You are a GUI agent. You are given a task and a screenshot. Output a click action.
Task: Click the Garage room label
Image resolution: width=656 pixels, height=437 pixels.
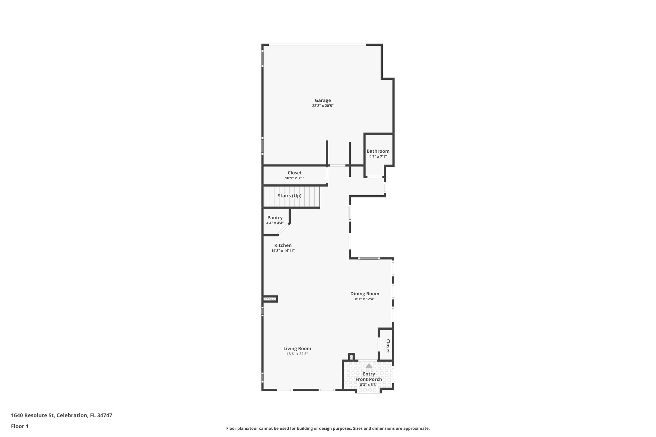[323, 100]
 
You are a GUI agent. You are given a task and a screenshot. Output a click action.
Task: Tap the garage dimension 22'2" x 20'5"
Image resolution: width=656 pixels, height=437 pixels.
[323, 106]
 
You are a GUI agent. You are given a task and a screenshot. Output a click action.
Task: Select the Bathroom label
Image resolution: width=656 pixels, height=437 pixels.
[378, 151]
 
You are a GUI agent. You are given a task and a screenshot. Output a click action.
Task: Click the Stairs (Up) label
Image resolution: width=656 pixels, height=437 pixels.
[290, 196]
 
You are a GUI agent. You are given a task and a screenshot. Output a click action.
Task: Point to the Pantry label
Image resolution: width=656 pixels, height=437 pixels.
[275, 218]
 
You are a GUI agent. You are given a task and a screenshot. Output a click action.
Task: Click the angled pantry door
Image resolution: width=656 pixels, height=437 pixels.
[283, 230]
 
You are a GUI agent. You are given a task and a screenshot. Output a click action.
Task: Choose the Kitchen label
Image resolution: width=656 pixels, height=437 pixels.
[283, 245]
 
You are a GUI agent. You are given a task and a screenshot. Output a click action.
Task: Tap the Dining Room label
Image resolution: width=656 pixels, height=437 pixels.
[365, 294]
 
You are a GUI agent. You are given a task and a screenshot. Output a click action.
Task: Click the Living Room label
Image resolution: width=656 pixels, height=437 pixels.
[297, 349]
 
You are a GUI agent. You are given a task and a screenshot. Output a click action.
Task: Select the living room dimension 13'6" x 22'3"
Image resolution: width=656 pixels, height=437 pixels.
[297, 354]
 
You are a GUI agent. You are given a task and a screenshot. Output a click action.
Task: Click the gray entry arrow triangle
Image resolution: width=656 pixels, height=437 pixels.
[369, 366]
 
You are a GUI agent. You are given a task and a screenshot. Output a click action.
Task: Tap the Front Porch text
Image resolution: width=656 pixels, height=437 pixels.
[369, 379]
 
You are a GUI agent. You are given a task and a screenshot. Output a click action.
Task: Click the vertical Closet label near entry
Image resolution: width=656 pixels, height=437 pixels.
[388, 346]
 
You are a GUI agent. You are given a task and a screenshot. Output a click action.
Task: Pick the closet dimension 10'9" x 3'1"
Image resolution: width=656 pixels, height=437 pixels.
[295, 178]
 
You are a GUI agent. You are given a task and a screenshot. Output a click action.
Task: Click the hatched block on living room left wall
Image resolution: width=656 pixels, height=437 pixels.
[270, 299]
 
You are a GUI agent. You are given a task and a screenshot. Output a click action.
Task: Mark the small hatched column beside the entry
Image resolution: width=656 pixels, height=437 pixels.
[351, 357]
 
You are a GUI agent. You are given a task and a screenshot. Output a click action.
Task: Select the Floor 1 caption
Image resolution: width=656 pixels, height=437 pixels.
[20, 426]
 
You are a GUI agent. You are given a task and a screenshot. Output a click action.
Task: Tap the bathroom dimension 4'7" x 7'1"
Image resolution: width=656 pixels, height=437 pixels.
[378, 157]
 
